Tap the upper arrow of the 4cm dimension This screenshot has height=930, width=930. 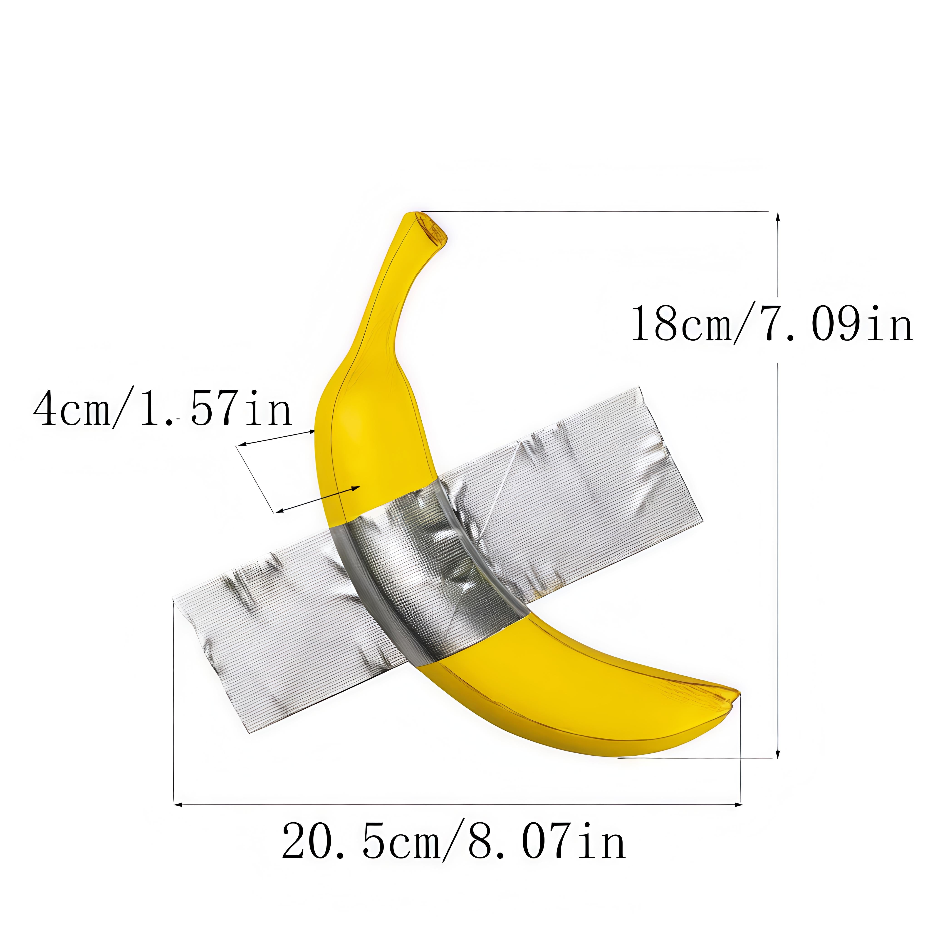click(x=277, y=438)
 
